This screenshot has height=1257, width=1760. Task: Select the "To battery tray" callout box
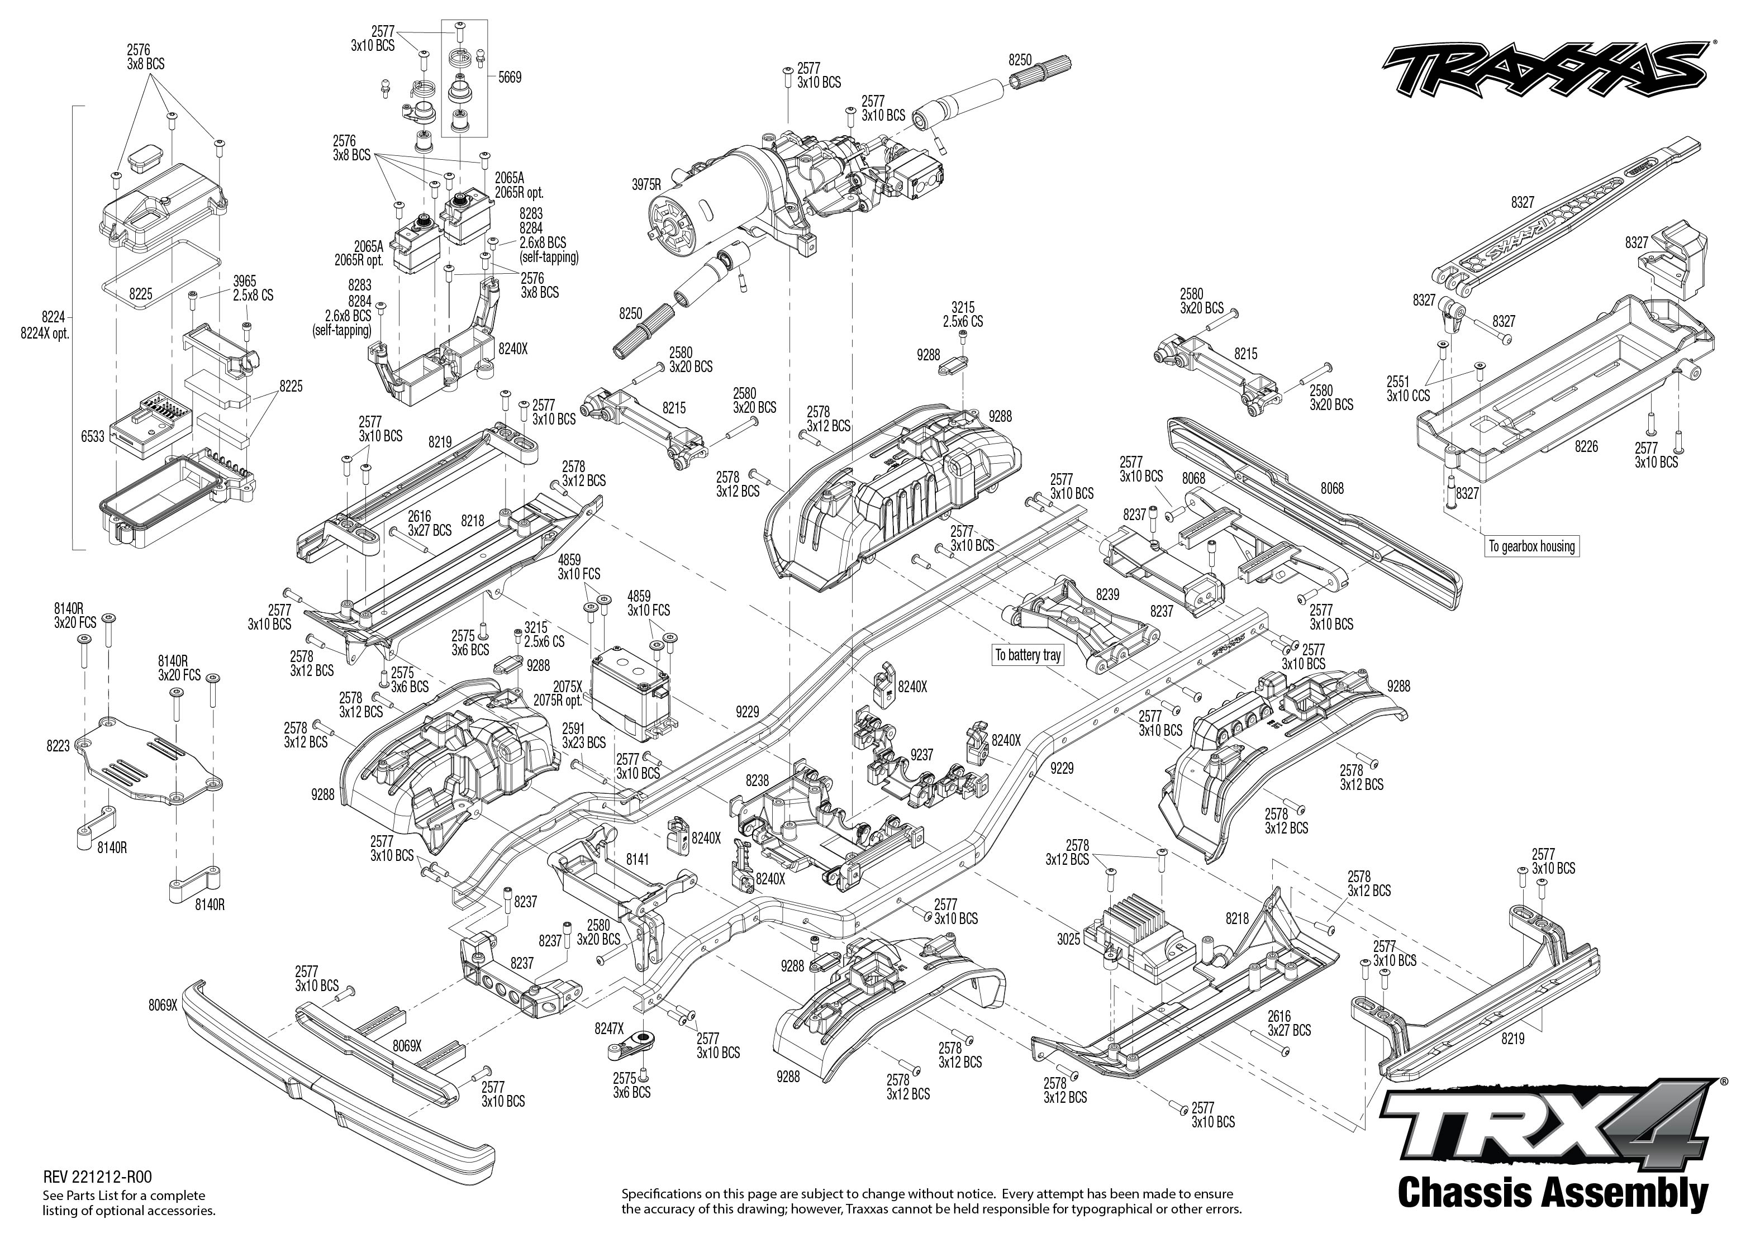[x=1028, y=655]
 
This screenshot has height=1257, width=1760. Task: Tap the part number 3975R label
[x=646, y=185]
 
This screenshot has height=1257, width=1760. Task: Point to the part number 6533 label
[x=93, y=436]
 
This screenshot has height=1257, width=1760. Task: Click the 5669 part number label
[x=510, y=78]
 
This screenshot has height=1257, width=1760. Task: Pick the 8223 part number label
[x=58, y=746]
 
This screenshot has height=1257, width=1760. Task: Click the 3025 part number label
[x=1068, y=939]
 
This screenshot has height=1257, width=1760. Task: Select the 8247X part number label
[x=609, y=1029]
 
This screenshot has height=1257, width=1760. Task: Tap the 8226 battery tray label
[x=1586, y=446]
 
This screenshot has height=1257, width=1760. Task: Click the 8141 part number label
[x=637, y=859]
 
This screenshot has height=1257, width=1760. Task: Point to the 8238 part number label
[x=758, y=781]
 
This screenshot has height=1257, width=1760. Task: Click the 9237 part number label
[x=922, y=755]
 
